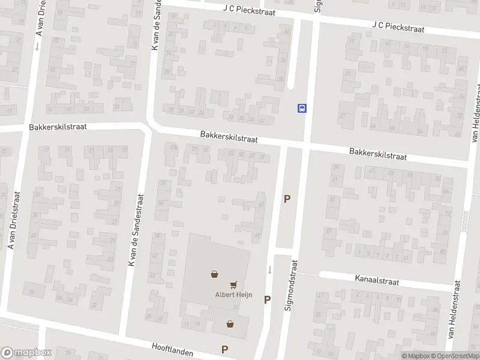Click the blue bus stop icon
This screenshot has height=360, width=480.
(x=302, y=108)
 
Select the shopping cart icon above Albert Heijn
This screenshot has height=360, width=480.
(x=234, y=284)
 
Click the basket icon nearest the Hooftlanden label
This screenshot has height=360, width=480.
(x=230, y=324)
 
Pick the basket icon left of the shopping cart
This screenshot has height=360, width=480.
(x=214, y=275)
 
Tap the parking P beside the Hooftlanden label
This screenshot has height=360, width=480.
(x=225, y=349)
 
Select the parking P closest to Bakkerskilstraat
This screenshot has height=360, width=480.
(x=287, y=199)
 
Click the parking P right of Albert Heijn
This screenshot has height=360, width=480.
(x=268, y=299)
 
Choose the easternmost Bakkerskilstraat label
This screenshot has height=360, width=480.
(x=378, y=154)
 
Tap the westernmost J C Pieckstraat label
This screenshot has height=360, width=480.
(x=244, y=9)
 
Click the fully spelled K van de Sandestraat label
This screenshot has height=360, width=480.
(x=136, y=230)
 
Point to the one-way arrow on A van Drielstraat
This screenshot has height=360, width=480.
(x=37, y=46)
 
